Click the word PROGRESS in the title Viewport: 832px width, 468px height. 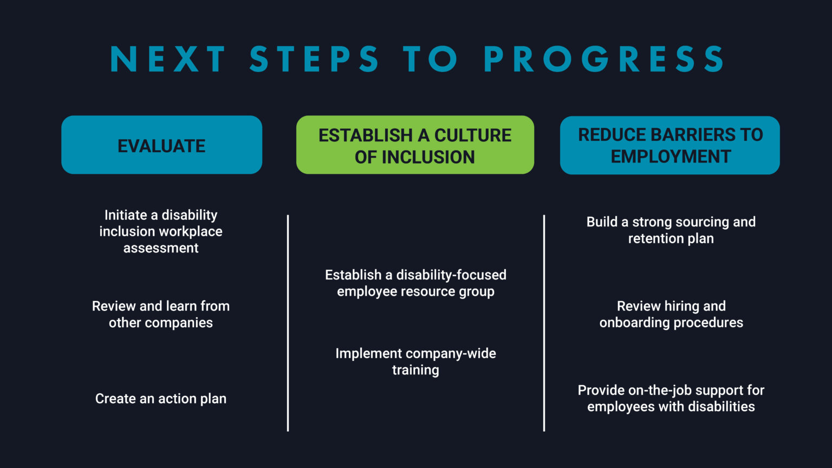pos(604,59)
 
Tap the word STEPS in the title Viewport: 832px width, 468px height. pos(315,59)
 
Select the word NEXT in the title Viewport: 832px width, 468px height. pos(168,59)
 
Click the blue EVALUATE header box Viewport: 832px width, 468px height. pos(161,145)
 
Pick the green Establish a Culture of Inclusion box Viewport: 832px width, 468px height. pos(415,145)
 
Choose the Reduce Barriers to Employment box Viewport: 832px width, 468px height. pos(669,145)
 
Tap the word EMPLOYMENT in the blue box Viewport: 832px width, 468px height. pos(671,157)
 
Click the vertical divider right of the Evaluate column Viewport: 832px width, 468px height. pos(288,323)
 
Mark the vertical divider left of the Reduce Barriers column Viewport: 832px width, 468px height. pos(544,323)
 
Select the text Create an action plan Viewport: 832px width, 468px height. pos(161,399)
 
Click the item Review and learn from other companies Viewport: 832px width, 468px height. pos(161,314)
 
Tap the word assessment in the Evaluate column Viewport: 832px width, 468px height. pos(161,248)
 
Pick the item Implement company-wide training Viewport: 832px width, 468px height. pos(415,361)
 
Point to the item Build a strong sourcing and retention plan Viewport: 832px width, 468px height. pos(671,230)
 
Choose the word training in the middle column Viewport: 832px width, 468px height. pos(415,370)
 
